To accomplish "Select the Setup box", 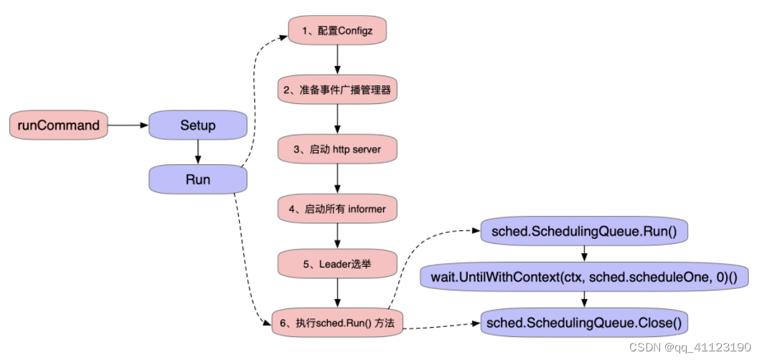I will pyautogui.click(x=197, y=125).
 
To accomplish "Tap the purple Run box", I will pyautogui.click(x=197, y=179).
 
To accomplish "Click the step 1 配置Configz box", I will pyautogui.click(x=337, y=30).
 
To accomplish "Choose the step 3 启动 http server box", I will pyautogui.click(x=337, y=149).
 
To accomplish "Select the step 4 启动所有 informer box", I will pyautogui.click(x=337, y=209).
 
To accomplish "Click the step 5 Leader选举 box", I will pyautogui.click(x=337, y=264).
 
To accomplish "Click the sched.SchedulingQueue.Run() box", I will pyautogui.click(x=585, y=232).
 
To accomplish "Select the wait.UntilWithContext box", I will pyautogui.click(x=585, y=276).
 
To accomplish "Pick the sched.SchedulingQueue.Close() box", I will pyautogui.click(x=585, y=323).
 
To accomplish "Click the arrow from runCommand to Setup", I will pyautogui.click(x=128, y=125).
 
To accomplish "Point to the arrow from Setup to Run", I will pyautogui.click(x=197, y=152).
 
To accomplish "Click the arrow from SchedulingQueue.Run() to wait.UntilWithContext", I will pyautogui.click(x=585, y=254).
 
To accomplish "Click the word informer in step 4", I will pyautogui.click(x=367, y=209).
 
